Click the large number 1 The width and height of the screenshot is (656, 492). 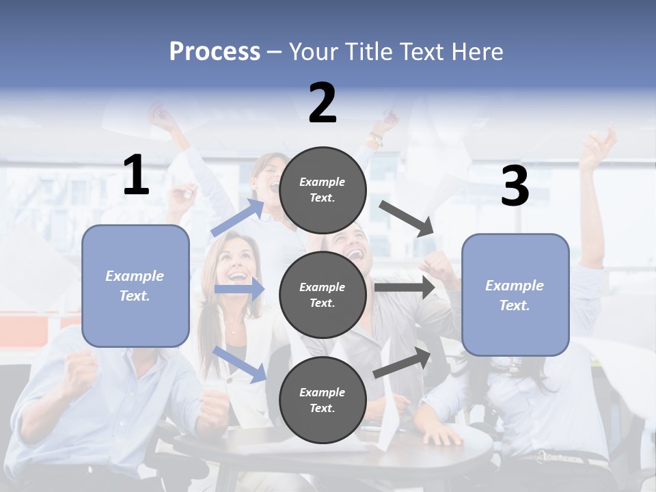click(136, 176)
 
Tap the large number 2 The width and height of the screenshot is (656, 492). click(323, 103)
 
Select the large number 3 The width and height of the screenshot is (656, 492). click(515, 187)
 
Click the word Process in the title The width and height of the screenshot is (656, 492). click(215, 51)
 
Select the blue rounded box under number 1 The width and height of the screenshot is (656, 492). click(135, 286)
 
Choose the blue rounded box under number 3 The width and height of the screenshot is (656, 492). click(515, 295)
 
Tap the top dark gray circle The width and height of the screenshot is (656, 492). click(323, 190)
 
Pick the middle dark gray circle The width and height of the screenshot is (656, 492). click(323, 295)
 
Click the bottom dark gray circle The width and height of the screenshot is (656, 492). click(323, 400)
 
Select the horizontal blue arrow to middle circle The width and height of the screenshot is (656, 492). click(239, 289)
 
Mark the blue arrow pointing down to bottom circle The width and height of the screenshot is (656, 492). click(239, 364)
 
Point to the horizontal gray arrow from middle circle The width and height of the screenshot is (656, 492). click(405, 288)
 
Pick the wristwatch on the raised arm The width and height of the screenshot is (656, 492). click(374, 141)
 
